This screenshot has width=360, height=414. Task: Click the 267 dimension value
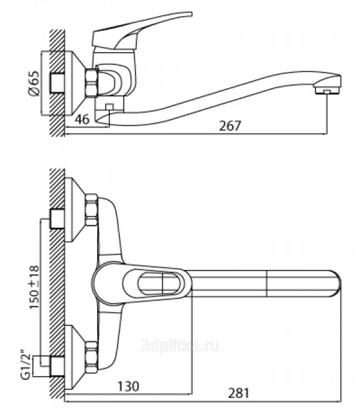(230, 126)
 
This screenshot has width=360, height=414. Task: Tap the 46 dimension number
(82, 120)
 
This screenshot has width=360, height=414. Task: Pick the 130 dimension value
(128, 387)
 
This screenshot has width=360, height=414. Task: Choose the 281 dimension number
(239, 393)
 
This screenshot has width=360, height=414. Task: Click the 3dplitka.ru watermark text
(180, 346)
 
